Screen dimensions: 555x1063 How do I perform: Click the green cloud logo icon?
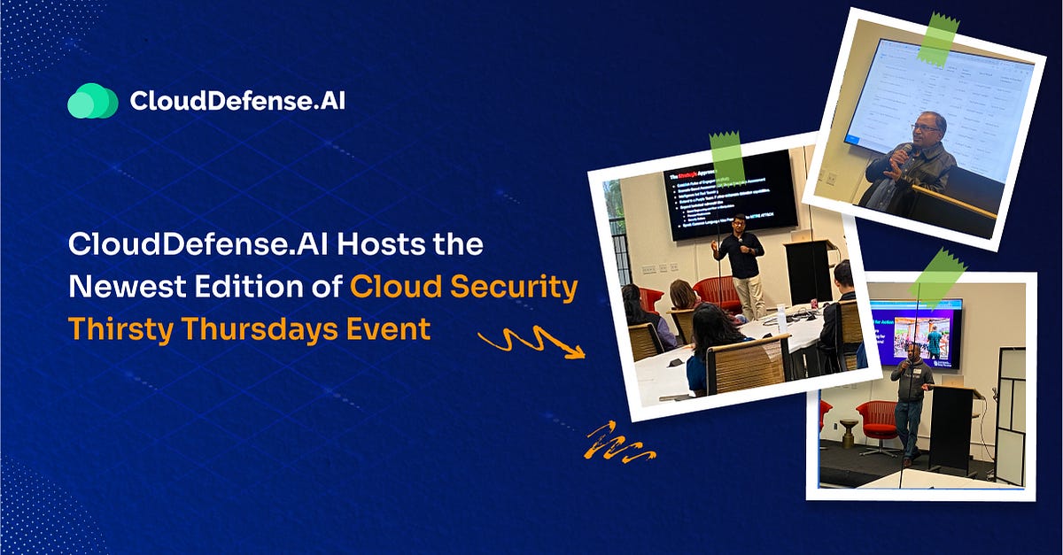pyautogui.click(x=92, y=101)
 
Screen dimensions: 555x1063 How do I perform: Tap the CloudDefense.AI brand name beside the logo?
pyautogui.click(x=237, y=101)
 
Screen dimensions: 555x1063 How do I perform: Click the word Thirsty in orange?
pyautogui.click(x=123, y=328)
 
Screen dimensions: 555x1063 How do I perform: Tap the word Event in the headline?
pyautogui.click(x=389, y=328)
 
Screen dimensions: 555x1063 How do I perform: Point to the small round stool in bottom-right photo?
pyautogui.click(x=848, y=433)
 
